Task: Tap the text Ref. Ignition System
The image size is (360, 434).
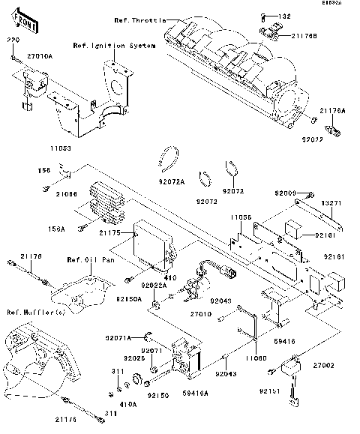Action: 114,46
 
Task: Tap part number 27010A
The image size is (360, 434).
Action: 39,55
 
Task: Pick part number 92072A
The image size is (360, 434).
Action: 172,181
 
